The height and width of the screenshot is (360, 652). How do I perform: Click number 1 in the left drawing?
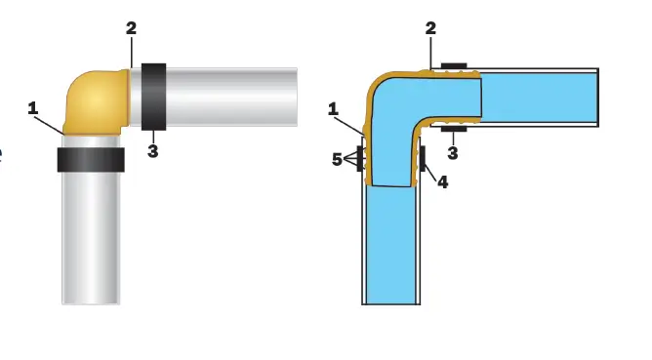pyautogui.click(x=32, y=108)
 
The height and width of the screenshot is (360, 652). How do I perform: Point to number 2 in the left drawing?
pyautogui.click(x=131, y=28)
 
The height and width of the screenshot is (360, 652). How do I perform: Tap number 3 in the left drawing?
pyautogui.click(x=152, y=150)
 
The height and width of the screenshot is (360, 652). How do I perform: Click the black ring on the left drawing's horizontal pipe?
pyautogui.click(x=153, y=97)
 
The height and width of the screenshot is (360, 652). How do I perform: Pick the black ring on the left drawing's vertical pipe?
pyautogui.click(x=91, y=160)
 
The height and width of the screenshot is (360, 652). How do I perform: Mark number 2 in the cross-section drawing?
pyautogui.click(x=430, y=28)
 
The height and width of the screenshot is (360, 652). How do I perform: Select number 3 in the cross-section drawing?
pyautogui.click(x=453, y=152)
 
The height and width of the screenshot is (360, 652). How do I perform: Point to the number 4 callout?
pyautogui.click(x=442, y=181)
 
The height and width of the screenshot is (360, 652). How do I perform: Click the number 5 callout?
pyautogui.click(x=337, y=158)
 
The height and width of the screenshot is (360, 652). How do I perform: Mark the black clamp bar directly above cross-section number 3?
pyautogui.click(x=454, y=128)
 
